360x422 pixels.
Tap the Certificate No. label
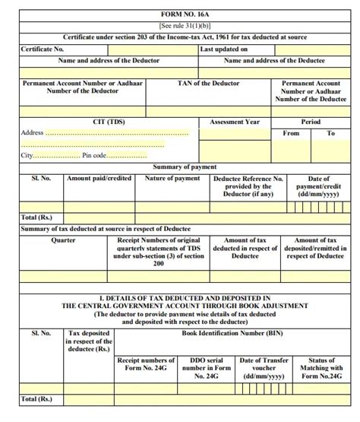pos(43,49)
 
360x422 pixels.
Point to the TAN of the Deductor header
pos(207,84)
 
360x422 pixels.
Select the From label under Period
pos(291,133)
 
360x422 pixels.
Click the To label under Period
pos(331,133)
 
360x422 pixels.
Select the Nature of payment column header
pos(172,178)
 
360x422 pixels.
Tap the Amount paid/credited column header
pos(99,178)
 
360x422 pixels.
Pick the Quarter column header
pos(63,240)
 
